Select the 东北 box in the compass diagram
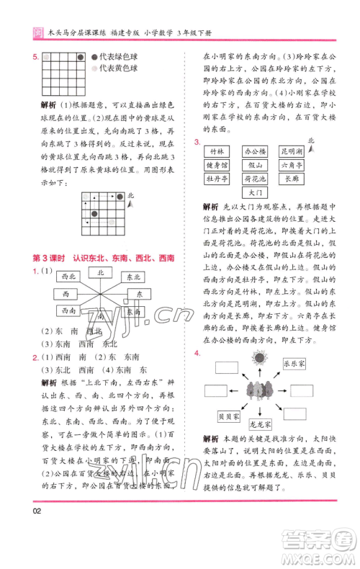coord(133,277)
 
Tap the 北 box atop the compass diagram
coord(101,272)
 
